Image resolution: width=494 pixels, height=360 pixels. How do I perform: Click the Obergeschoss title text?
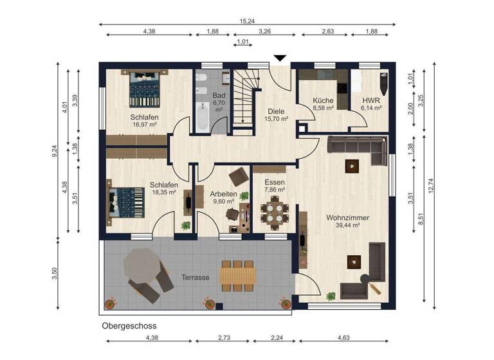(x=129, y=326)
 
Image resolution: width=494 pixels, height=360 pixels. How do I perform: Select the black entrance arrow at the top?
(x=279, y=59)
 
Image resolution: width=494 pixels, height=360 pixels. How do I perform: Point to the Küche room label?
(x=322, y=101)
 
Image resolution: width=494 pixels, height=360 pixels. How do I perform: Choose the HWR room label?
(x=371, y=101)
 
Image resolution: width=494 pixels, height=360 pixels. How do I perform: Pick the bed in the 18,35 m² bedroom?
(x=126, y=202)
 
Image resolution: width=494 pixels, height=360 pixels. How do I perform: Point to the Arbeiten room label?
(x=223, y=194)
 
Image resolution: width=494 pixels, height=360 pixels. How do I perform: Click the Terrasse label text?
(x=195, y=278)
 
